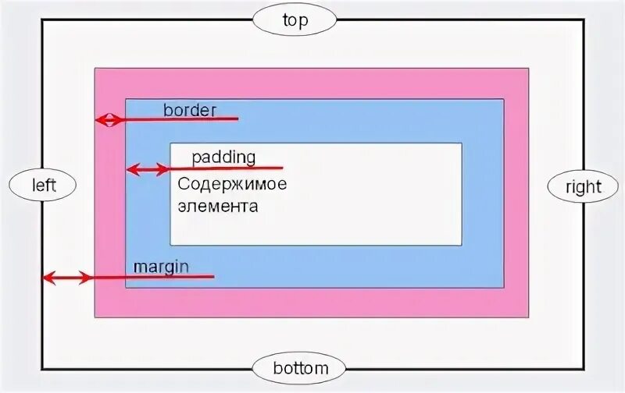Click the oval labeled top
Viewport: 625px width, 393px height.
[x=294, y=19]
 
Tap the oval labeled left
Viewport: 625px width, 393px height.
[x=43, y=185]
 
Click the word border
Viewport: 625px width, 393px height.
[x=189, y=110]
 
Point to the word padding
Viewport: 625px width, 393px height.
[x=223, y=157]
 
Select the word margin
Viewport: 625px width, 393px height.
[x=161, y=266]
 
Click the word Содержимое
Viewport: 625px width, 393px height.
[x=232, y=185]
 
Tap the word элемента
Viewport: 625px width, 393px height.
[x=217, y=207]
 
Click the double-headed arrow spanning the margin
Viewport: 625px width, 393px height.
[x=67, y=277]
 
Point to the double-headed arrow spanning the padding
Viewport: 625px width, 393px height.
[x=148, y=168]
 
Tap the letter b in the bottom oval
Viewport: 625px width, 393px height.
[x=277, y=366]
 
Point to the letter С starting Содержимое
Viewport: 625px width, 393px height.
[x=184, y=185]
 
